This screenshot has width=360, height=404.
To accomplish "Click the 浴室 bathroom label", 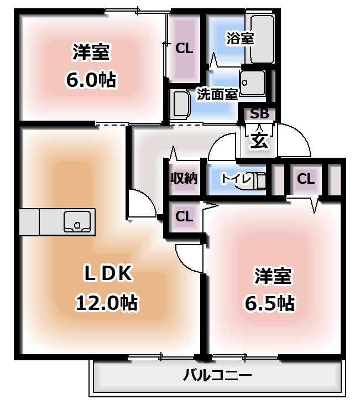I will (240, 38).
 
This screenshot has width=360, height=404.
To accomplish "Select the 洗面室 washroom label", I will (217, 94).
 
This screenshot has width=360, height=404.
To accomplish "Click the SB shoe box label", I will (259, 114).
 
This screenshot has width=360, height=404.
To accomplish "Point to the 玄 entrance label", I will (259, 139).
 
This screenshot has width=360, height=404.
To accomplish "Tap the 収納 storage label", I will (184, 179).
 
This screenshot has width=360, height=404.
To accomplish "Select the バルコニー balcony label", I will (217, 376).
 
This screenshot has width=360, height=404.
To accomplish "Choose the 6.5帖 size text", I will (270, 303).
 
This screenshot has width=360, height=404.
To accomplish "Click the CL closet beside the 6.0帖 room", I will (184, 49).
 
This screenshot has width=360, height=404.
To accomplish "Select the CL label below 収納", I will (184, 216).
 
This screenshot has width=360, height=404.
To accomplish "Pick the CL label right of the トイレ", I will (305, 179).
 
